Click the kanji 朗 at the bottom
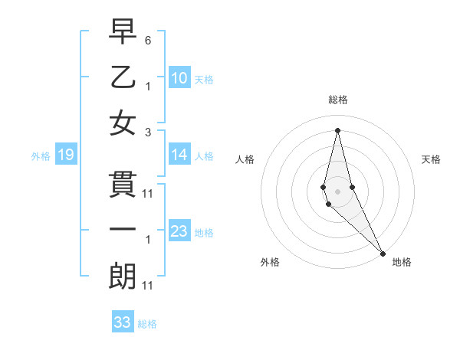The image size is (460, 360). [x=123, y=276]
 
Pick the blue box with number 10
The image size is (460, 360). [x=179, y=78]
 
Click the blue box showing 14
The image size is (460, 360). [x=179, y=155]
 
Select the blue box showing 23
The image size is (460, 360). [x=179, y=232]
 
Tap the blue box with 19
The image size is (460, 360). [x=66, y=155]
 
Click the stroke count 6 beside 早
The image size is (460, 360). [x=148, y=40]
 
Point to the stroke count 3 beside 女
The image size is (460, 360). [x=148, y=132]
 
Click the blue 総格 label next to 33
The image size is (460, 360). [x=147, y=324]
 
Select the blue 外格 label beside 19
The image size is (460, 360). [x=41, y=156]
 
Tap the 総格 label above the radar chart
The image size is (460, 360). [x=337, y=100]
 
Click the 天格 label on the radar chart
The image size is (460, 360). [x=432, y=159]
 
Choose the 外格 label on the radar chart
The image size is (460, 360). [x=270, y=263]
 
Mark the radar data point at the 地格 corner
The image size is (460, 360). [x=383, y=252]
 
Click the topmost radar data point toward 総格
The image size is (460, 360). [x=337, y=130]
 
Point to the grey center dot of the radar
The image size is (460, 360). [x=337, y=190]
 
